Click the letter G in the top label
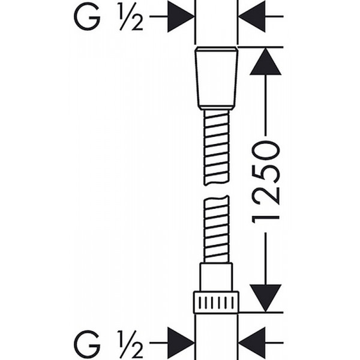[87, 17]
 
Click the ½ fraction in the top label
[131, 17]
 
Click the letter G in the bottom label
[88, 343]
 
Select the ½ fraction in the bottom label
[131, 344]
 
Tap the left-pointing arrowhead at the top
[252, 17]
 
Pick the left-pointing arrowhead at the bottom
[252, 343]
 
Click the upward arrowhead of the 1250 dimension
[265, 61]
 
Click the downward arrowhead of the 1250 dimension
[265, 298]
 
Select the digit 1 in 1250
[266, 220]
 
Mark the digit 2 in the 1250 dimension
[266, 196]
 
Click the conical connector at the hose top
[216, 78]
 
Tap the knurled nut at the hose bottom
[216, 302]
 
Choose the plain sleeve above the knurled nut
[216, 277]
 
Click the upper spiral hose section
[216, 148]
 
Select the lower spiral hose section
[216, 229]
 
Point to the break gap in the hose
[216, 191]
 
